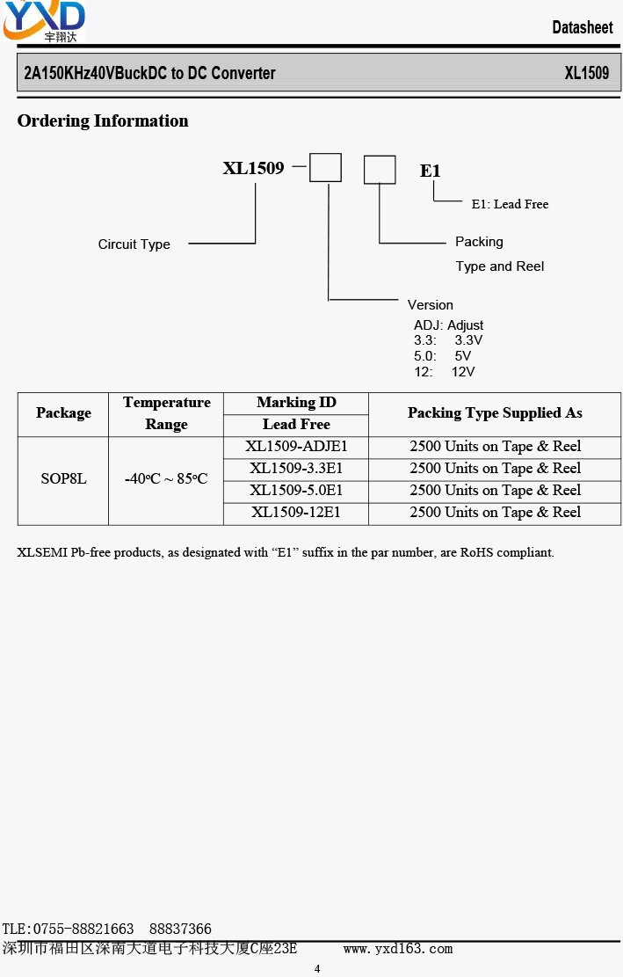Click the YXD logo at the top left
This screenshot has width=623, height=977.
point(44,21)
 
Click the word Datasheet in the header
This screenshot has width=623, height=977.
point(583,27)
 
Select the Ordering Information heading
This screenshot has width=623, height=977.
point(103,120)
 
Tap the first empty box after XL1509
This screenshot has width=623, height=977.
point(325,168)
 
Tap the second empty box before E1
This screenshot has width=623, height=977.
point(380,170)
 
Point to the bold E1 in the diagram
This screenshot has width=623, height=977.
point(430,171)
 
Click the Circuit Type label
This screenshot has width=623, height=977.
point(134,244)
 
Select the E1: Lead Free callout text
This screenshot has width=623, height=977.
point(510,204)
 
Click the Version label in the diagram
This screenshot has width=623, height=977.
point(430,304)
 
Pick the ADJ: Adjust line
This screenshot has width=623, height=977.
point(448,325)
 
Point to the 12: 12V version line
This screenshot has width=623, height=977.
point(445,372)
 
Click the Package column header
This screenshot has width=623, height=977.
point(63,413)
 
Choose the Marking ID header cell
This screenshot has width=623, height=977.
point(296,403)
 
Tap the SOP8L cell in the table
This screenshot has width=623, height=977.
point(63,478)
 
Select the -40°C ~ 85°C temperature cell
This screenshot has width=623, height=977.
point(166,478)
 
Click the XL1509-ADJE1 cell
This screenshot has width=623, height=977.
point(296,446)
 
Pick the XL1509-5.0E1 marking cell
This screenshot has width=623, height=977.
point(296,491)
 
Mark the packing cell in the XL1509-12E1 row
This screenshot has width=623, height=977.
point(495,512)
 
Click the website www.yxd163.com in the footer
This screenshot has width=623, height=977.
point(398,949)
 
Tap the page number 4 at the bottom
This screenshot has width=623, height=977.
point(317,969)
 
